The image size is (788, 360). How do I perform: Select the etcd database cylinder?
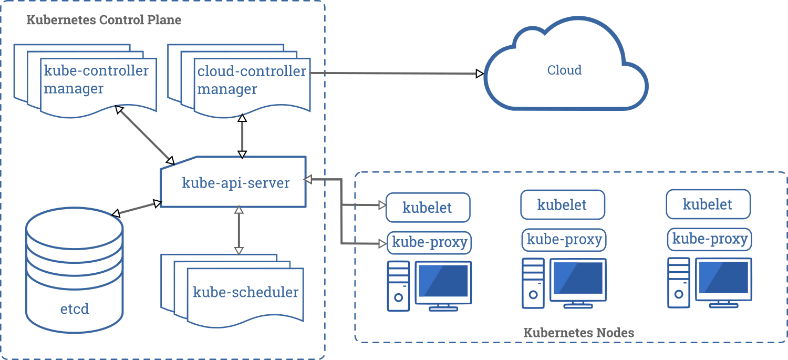coord(75,273)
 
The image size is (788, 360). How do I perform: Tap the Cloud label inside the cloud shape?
coord(564,70)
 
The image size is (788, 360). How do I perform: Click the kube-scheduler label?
coord(245,292)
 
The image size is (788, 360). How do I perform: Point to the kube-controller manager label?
coord(96,79)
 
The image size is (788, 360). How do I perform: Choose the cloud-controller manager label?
coord(251,80)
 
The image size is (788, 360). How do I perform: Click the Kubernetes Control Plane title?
coord(103,20)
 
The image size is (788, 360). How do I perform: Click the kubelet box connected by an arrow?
coord(428,207)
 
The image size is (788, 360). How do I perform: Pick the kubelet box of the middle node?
coord(562,204)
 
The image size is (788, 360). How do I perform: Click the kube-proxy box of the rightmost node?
coord(709,240)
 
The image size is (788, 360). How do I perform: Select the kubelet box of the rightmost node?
coord(708,204)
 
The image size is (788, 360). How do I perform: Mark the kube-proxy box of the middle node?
coord(564,240)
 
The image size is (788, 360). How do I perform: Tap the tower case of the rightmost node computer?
coord(678,283)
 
